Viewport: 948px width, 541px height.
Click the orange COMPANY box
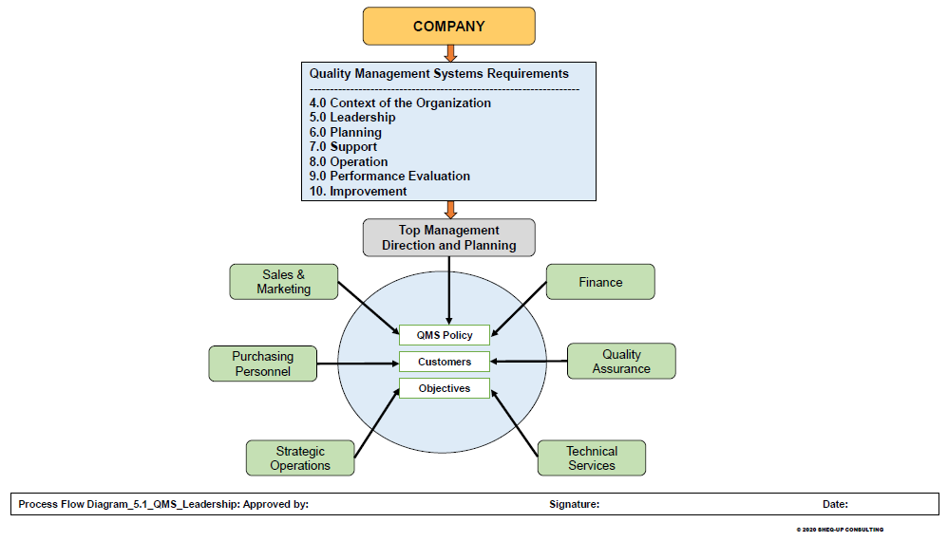click(448, 26)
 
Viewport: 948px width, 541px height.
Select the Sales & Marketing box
click(284, 281)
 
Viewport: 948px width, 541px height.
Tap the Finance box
click(600, 281)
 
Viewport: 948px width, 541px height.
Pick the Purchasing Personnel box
click(263, 364)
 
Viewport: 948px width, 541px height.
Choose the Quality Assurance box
click(621, 361)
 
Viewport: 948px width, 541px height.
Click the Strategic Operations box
click(300, 457)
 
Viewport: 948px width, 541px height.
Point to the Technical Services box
click(592, 457)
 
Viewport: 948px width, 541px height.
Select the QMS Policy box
click(445, 335)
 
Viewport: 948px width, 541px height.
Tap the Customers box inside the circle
click(445, 362)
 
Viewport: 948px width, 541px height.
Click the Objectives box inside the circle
click(445, 388)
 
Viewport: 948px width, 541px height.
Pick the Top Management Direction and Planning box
click(448, 237)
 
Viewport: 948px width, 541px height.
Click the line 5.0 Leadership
click(352, 117)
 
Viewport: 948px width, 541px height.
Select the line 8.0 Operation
click(349, 161)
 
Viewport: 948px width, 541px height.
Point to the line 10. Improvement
click(358, 191)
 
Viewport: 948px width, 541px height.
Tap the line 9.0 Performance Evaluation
click(390, 176)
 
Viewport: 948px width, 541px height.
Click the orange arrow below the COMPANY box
click(450, 53)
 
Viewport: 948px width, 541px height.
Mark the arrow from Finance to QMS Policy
click(519, 309)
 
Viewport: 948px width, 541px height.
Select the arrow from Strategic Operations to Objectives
click(377, 422)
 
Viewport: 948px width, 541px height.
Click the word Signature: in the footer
click(575, 504)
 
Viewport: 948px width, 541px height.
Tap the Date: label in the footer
click(835, 504)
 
